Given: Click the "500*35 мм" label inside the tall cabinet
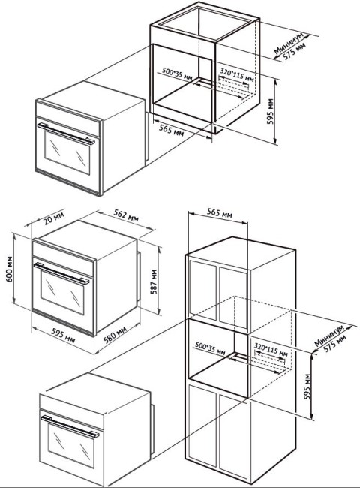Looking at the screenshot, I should (x=210, y=348).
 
